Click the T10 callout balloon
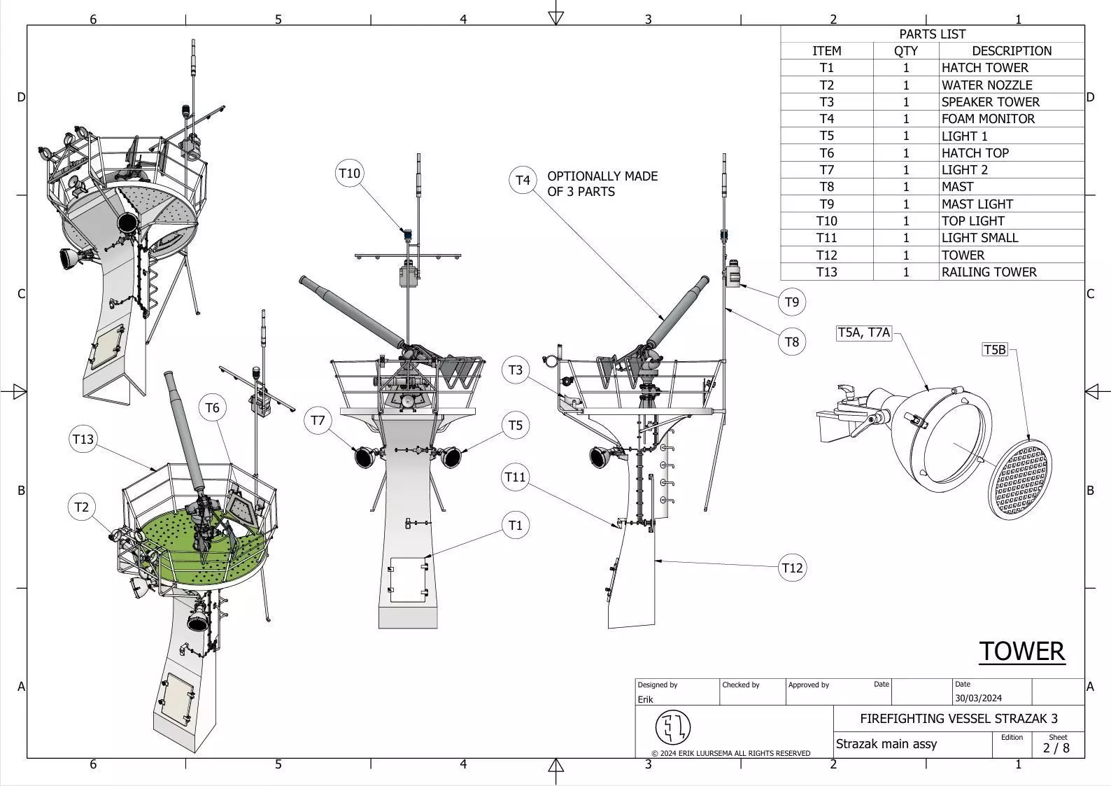click(349, 173)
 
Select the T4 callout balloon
click(523, 180)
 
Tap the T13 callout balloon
click(83, 440)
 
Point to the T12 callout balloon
click(792, 568)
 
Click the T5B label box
click(995, 349)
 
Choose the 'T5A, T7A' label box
click(864, 332)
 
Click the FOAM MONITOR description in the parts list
click(988, 119)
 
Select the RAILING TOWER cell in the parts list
click(989, 272)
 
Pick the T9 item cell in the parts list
click(826, 204)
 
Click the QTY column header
click(905, 51)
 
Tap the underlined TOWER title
click(1021, 652)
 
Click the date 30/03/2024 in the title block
click(978, 699)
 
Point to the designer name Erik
click(645, 699)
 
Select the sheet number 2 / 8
click(1056, 748)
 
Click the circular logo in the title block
click(672, 728)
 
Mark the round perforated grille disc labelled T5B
click(1021, 479)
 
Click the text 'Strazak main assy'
click(886, 744)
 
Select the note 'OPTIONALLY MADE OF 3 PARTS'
click(602, 184)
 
